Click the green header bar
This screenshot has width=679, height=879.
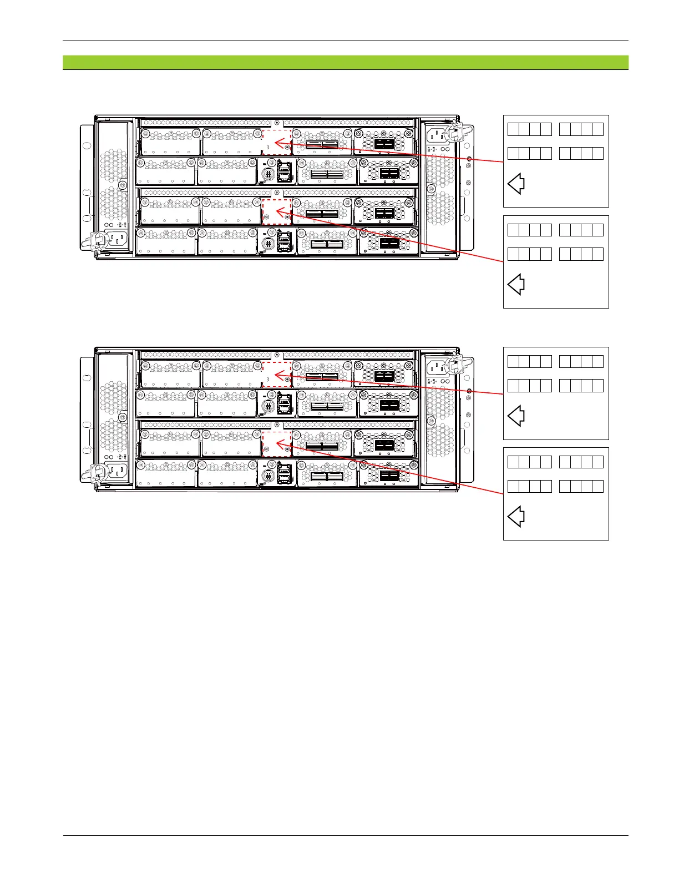345,62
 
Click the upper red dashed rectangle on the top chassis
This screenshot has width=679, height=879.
277,142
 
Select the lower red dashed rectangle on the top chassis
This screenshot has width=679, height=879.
277,211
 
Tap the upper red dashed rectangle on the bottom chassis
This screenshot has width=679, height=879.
277,374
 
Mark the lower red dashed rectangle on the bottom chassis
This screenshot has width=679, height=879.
277,443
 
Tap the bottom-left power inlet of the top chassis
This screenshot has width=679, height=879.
116,239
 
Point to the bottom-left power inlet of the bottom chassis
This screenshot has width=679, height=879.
116,471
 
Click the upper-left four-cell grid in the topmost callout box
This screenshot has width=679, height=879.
530,129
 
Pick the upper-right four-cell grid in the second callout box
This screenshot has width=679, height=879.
581,230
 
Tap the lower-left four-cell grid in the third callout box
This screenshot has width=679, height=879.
530,386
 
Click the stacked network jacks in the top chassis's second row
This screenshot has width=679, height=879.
285,172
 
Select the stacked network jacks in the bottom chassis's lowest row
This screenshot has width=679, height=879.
285,473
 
